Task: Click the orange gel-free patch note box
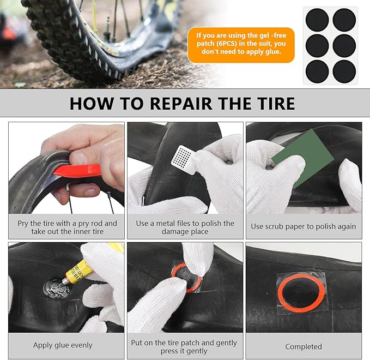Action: (241, 44)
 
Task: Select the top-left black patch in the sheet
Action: (317, 20)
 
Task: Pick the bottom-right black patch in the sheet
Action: (344, 71)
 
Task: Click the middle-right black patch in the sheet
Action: (344, 45)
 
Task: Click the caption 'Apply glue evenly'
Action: (63, 345)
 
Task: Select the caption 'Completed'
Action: (304, 346)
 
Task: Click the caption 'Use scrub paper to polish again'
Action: (304, 226)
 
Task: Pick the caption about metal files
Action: (185, 227)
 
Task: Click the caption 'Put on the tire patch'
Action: (185, 347)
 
